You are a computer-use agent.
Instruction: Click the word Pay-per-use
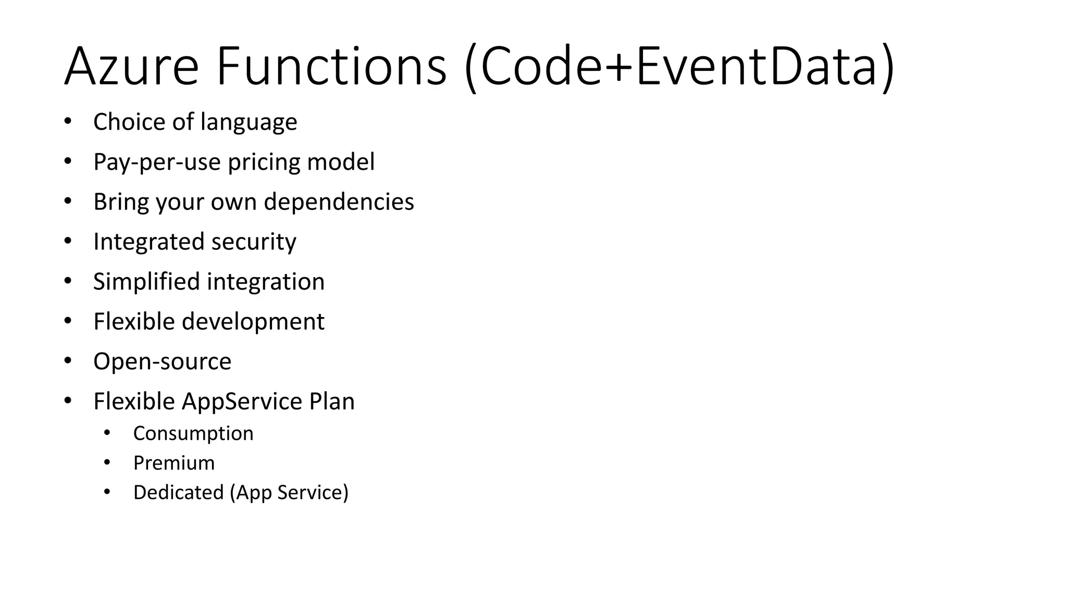pyautogui.click(x=157, y=162)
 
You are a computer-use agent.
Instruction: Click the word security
pyautogui.click(x=253, y=242)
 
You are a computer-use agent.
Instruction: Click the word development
pyautogui.click(x=253, y=322)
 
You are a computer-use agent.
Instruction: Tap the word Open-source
pyautogui.click(x=162, y=361)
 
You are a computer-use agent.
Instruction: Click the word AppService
pyautogui.click(x=242, y=402)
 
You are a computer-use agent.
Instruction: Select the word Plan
pyautogui.click(x=331, y=402)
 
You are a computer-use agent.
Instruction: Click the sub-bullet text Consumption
pyautogui.click(x=193, y=433)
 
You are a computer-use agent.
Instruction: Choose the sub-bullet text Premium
pyautogui.click(x=174, y=463)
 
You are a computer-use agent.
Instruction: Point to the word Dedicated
pyautogui.click(x=178, y=493)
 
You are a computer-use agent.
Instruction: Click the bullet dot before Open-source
pyautogui.click(x=68, y=361)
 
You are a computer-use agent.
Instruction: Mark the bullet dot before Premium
pyautogui.click(x=107, y=463)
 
